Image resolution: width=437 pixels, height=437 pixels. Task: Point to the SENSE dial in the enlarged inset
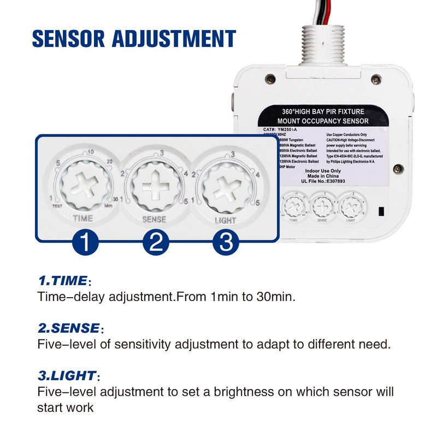click(x=153, y=185)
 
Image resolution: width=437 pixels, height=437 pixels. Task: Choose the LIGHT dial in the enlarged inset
click(x=223, y=185)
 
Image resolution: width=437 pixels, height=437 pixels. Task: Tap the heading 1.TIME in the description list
click(x=62, y=281)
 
